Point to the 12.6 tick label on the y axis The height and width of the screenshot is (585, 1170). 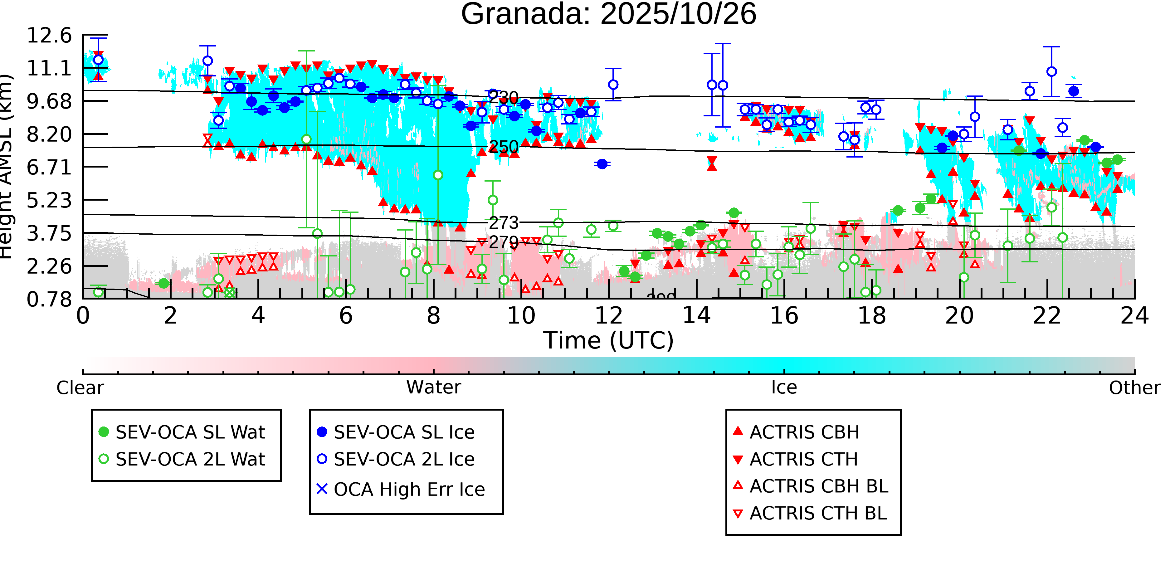(49, 36)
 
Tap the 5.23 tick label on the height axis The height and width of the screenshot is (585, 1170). (49, 200)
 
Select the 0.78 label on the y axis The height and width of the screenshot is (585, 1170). (49, 299)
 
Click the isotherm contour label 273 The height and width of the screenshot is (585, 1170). (503, 222)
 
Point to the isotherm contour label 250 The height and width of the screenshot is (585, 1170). (503, 147)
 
